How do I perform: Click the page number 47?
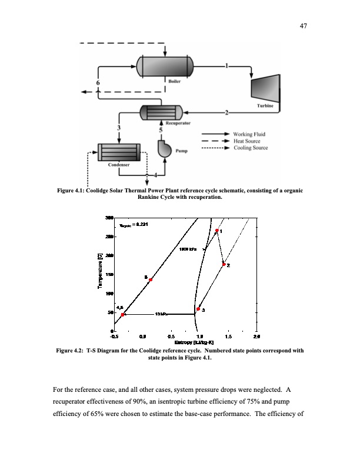click(304, 26)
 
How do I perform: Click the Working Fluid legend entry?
click(249, 134)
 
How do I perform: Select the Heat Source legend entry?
click(247, 141)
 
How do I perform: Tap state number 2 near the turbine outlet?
click(226, 112)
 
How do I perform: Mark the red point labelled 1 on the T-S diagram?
click(217, 231)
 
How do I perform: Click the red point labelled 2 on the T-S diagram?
click(224, 265)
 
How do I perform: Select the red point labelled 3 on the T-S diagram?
click(198, 309)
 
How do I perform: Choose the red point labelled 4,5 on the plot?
click(122, 315)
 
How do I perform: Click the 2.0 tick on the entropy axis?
click(256, 337)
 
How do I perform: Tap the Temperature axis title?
click(100, 271)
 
